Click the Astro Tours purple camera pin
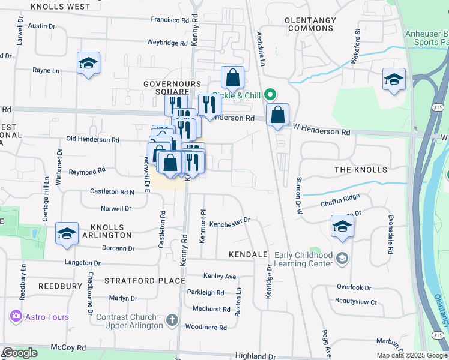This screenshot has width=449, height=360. [15, 316]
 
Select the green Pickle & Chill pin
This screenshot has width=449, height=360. [270, 94]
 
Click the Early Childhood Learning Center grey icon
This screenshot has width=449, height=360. [342, 259]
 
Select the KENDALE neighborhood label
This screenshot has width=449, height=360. [248, 254]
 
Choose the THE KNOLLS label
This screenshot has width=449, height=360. [361, 170]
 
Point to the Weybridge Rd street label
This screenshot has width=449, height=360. [167, 43]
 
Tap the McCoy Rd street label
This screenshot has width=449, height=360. [68, 347]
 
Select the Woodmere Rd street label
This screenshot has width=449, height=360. [206, 328]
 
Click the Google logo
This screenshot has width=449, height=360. [20, 353]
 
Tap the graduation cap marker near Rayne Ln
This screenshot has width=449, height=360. [88, 63]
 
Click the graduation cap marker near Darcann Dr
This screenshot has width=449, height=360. [67, 233]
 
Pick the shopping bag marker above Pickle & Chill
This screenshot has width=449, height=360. [232, 77]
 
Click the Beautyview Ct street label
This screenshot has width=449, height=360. [356, 302]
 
